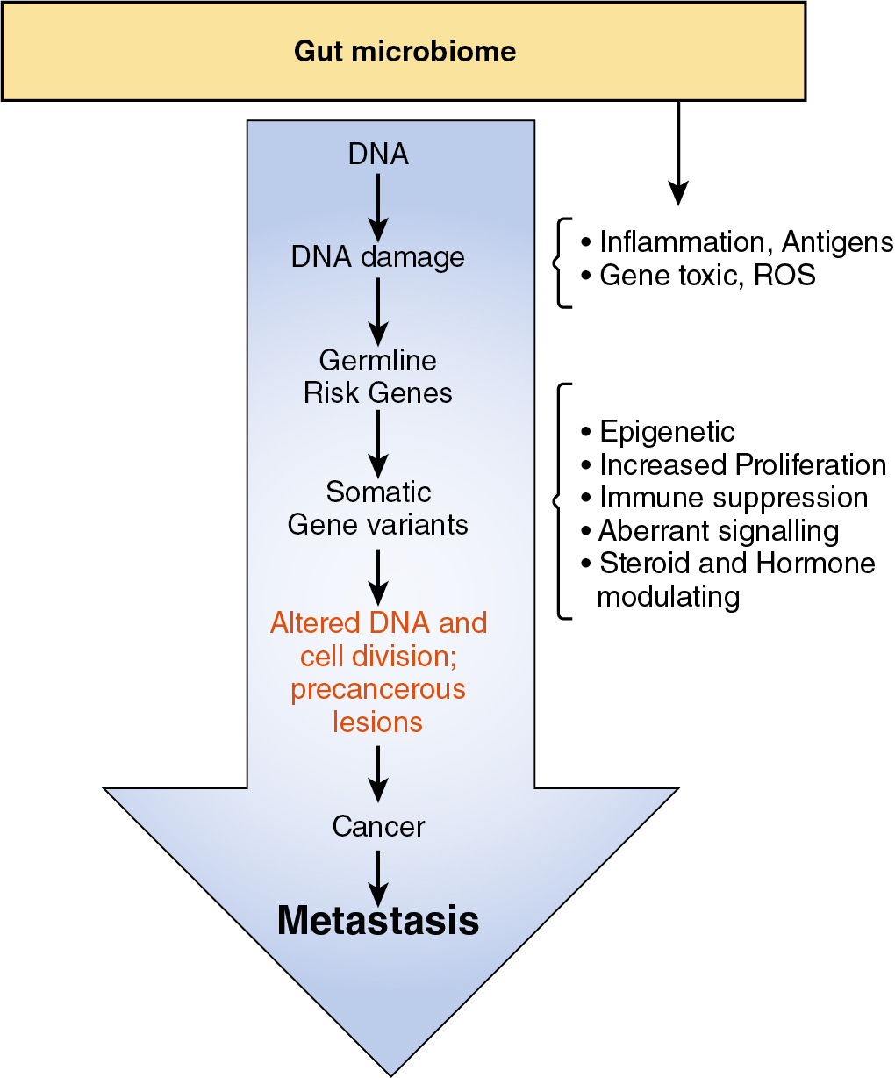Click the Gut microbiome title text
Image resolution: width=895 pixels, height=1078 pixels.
coord(405,51)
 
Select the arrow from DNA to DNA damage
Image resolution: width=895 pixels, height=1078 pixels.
coord(378,205)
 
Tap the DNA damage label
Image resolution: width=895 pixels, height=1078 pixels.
coord(378,257)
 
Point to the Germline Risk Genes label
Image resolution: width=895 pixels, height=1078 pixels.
coord(378,377)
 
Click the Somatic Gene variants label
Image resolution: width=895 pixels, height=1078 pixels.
coord(378,508)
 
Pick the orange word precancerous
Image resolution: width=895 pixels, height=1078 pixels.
coord(378,689)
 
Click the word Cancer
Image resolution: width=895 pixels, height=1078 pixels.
coord(378,826)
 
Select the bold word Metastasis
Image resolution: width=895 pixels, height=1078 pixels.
coord(378,920)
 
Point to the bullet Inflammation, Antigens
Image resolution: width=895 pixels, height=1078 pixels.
coord(737,241)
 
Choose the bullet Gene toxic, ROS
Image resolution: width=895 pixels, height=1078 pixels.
coord(698,275)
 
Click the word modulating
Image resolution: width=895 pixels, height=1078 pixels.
coord(669,597)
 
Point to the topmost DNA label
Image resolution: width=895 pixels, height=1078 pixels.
coord(378,155)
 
